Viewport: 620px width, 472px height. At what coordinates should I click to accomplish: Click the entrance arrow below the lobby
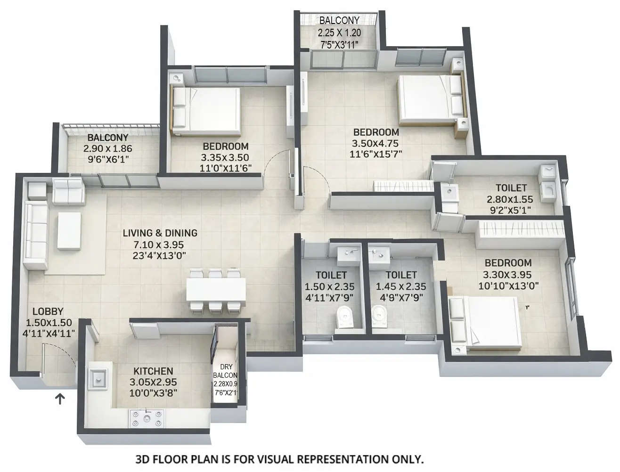pos(60,399)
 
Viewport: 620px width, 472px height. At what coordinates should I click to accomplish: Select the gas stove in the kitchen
pos(147,417)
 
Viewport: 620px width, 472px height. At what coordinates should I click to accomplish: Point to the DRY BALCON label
pos(225,371)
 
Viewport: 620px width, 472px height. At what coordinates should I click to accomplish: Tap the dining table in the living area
pos(216,290)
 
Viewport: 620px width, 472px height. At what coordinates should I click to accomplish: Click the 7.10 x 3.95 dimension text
pos(160,244)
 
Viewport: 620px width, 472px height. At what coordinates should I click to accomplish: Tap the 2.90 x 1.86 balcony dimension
pos(108,148)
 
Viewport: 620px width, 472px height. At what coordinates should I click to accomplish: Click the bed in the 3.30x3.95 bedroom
pos(485,323)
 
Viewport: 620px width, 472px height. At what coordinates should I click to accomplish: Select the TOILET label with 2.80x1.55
pos(511,188)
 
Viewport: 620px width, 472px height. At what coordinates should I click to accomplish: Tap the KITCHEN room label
pos(153,371)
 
